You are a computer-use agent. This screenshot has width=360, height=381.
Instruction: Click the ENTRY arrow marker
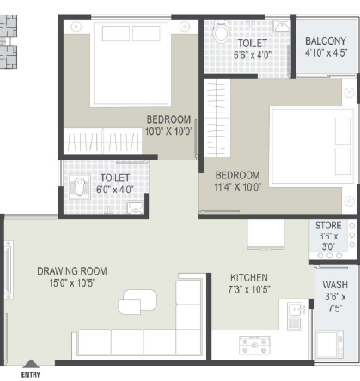(31, 364)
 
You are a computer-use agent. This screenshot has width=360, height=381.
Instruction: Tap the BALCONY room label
(326, 41)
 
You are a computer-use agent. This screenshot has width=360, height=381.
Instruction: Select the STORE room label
(328, 226)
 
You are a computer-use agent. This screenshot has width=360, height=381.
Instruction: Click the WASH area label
(335, 285)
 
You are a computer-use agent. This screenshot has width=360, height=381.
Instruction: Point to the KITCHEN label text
(249, 278)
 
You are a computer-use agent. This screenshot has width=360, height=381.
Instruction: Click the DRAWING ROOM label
(72, 271)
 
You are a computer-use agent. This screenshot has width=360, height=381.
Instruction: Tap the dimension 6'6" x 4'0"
(253, 55)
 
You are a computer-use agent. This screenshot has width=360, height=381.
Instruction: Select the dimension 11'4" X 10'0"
(237, 187)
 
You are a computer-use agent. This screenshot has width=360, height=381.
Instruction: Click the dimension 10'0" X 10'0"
(168, 131)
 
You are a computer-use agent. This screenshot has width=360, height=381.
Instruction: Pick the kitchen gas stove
(254, 346)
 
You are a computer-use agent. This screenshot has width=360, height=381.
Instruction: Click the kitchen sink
(296, 316)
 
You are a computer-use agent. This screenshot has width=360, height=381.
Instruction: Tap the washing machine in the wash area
(329, 344)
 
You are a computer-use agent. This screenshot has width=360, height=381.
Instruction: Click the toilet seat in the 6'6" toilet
(222, 31)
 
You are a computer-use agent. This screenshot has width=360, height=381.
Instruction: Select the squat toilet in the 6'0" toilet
(80, 186)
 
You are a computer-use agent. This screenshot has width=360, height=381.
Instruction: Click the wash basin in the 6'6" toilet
(282, 27)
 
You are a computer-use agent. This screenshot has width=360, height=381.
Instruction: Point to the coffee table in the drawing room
(137, 302)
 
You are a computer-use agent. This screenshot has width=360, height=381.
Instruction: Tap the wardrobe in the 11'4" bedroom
(217, 118)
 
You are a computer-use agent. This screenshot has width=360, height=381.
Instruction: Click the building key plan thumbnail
(9, 41)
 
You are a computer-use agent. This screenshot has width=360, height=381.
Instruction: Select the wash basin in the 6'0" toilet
(135, 207)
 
